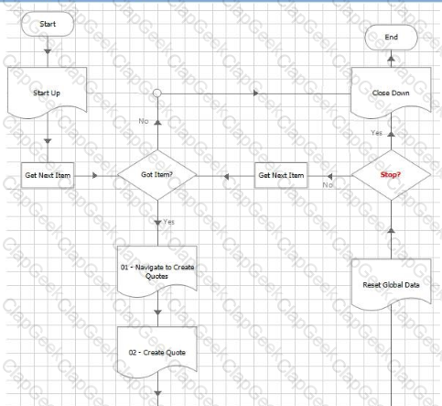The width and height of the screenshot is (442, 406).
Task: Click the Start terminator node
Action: (48, 24)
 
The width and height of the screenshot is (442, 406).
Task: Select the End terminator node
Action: (391, 38)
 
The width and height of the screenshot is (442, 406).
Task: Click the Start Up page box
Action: (48, 93)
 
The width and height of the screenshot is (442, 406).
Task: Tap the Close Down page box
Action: (391, 93)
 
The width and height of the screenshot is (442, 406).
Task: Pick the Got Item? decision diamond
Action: (157, 175)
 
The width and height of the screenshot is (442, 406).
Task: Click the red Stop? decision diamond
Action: (391, 175)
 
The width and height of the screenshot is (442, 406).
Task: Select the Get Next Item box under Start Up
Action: (48, 175)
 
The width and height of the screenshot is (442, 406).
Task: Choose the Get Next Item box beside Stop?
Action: (281, 175)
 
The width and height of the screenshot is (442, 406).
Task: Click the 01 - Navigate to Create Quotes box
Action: (157, 271)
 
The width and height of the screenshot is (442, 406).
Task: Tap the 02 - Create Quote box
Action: (157, 352)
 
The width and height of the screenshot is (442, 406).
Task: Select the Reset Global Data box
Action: (391, 284)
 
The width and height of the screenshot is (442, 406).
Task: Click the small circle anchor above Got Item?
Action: (157, 93)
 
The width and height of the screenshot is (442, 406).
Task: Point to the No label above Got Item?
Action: (144, 121)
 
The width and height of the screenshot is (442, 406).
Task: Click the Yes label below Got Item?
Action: (168, 222)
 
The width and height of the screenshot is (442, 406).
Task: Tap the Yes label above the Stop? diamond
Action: (377, 133)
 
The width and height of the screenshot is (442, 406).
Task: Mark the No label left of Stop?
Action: (328, 185)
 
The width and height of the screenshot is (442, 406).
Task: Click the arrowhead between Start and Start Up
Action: (48, 51)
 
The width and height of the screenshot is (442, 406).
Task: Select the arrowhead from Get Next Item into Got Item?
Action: (95, 176)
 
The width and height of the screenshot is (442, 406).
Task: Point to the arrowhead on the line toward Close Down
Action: (255, 93)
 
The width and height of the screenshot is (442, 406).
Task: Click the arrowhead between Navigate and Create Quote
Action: (157, 313)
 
